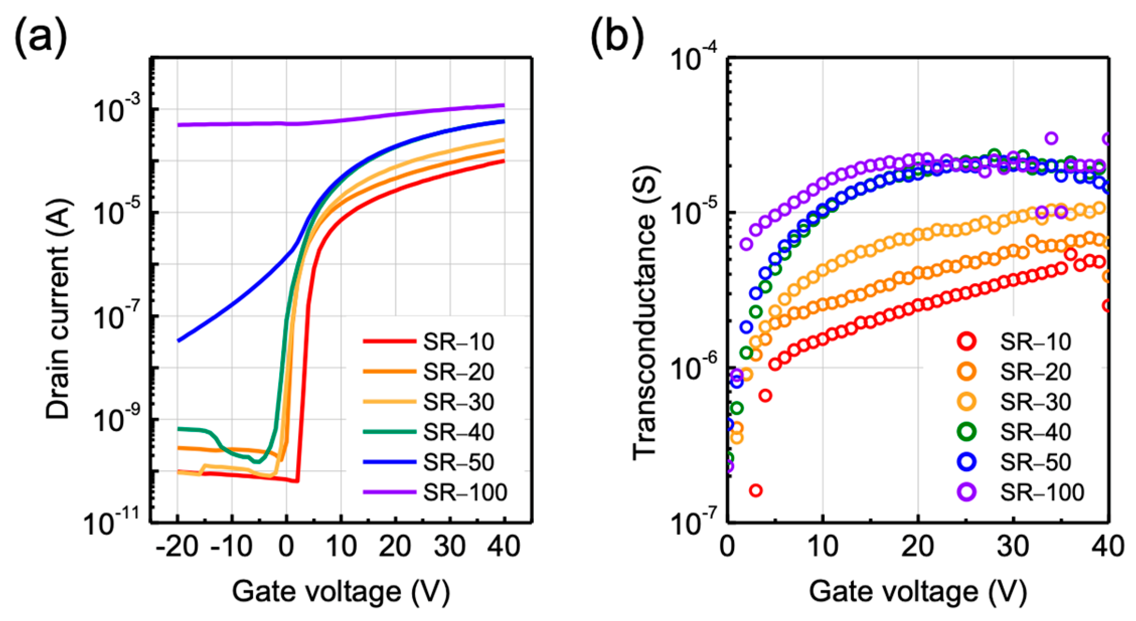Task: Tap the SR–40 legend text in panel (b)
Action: click(x=1035, y=432)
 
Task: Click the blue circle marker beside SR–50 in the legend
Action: click(x=967, y=462)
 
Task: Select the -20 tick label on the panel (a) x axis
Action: click(x=177, y=547)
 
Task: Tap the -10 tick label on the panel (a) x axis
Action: click(x=231, y=547)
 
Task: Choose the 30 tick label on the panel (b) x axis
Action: click(x=1012, y=547)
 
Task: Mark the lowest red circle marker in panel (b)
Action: click(x=756, y=490)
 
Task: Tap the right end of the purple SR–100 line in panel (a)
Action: click(x=504, y=105)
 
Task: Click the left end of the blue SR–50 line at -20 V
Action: click(x=178, y=341)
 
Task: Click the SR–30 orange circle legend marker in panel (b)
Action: click(x=967, y=402)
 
